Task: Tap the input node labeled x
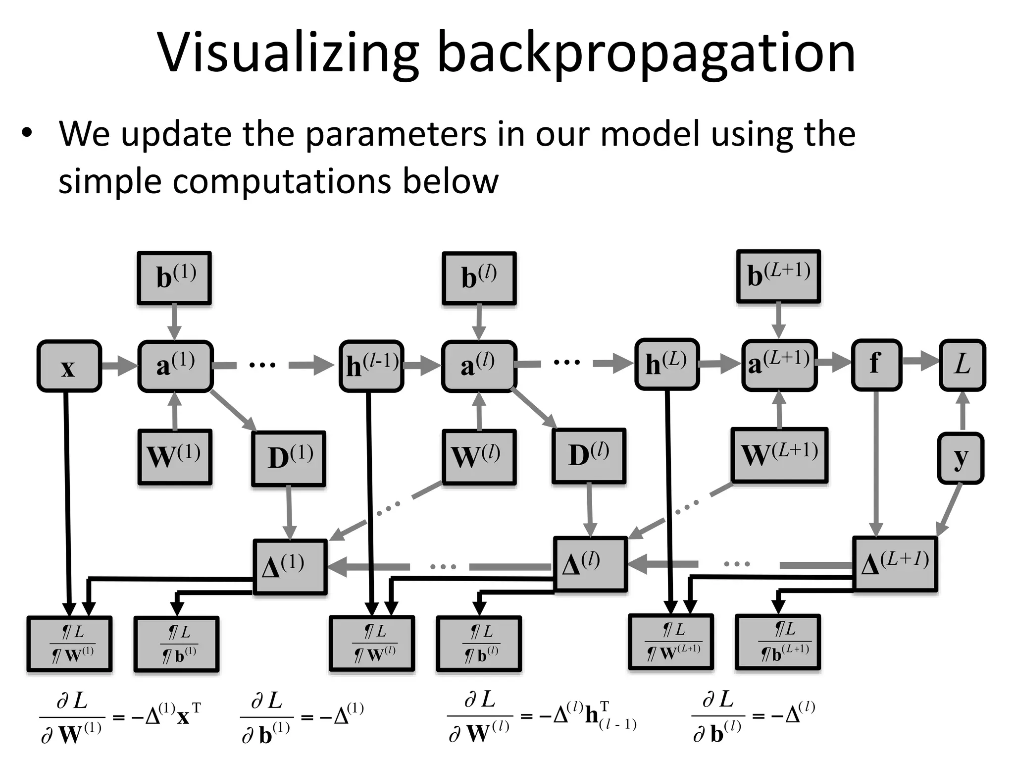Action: coord(69,367)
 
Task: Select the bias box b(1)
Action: coord(175,278)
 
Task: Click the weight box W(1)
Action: coord(175,457)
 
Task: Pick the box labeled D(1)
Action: coord(289,458)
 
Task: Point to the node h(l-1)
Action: coord(371,366)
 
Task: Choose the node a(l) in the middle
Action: coord(479,366)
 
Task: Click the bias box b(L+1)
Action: coord(778,276)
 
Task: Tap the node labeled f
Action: coord(876,365)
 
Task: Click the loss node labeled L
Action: coord(962,365)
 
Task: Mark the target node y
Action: coord(960,458)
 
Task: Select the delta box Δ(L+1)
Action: coord(895,564)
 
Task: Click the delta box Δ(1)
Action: coord(290,567)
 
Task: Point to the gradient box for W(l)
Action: coord(372,644)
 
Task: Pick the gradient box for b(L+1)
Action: coord(778,642)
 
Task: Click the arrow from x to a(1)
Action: coord(119,367)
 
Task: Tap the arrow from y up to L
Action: coord(963,411)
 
